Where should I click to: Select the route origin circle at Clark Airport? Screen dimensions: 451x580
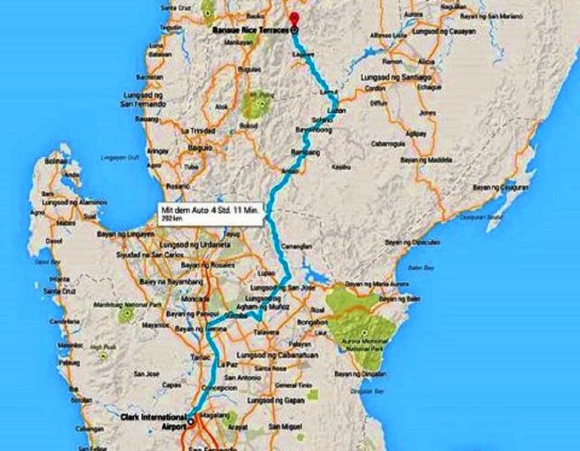pyautogui.click(x=190, y=421)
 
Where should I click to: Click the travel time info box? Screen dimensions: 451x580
pyautogui.click(x=210, y=213)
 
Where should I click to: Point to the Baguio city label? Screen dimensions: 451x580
pyautogui.click(x=199, y=147)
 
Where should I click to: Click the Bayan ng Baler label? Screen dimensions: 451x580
pyautogui.click(x=400, y=298)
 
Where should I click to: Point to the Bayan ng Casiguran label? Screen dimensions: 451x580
pyautogui.click(x=501, y=187)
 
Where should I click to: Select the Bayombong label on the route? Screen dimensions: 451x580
pyautogui.click(x=313, y=130)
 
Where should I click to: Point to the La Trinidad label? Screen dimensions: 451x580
pyautogui.click(x=198, y=131)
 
